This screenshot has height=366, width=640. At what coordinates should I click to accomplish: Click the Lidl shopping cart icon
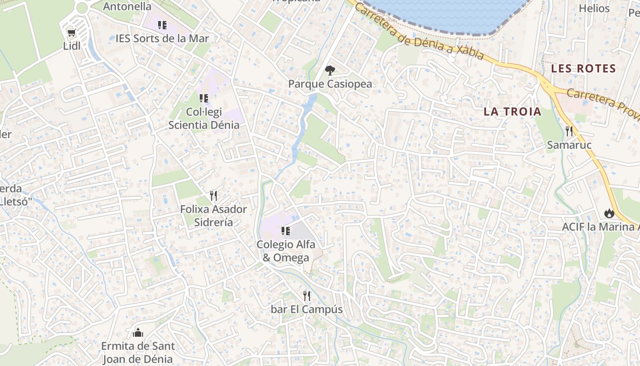[71, 32]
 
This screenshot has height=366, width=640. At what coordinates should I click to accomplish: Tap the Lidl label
[72, 46]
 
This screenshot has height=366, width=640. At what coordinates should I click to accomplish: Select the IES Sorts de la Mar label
[162, 38]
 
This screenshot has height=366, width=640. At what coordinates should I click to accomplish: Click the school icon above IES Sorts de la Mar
[162, 25]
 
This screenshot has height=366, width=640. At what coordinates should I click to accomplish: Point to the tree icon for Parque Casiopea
[330, 70]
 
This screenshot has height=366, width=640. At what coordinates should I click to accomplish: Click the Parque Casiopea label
[330, 84]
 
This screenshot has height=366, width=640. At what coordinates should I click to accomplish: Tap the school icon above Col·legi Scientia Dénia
[204, 98]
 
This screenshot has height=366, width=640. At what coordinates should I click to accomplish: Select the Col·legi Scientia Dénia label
[204, 118]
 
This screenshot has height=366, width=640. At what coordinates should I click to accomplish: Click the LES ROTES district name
[583, 69]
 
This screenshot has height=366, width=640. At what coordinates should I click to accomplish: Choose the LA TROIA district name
[512, 112]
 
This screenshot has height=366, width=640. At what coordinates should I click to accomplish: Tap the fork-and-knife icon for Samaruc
[569, 131]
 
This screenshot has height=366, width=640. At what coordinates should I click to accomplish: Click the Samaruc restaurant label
[569, 145]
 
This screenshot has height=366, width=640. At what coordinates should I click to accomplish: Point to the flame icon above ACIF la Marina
[608, 213]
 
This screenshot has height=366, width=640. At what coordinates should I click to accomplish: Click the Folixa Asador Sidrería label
[213, 216]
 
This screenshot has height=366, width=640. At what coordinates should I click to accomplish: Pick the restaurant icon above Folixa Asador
[213, 196]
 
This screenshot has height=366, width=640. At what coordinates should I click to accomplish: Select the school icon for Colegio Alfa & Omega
[286, 231]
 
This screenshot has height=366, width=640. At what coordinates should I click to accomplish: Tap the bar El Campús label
[306, 309]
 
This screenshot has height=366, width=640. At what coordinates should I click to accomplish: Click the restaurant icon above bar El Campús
[307, 296]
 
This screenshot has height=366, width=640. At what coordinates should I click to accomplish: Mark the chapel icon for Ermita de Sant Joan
[138, 333]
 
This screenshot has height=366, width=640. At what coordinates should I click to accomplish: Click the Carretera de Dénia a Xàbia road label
[418, 33]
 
